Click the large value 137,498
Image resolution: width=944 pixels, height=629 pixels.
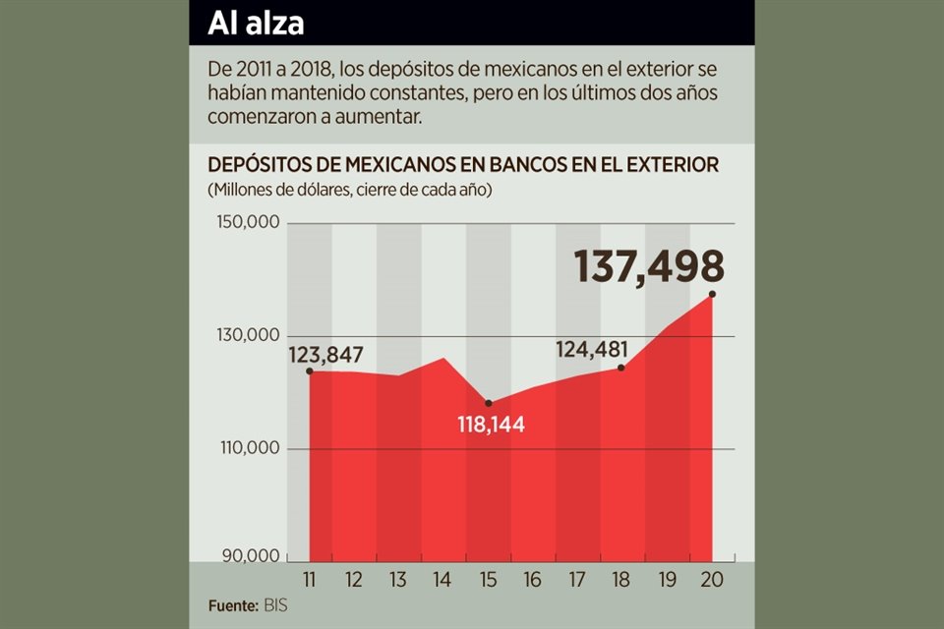(x=649, y=267)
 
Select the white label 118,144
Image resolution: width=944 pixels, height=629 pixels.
(x=491, y=425)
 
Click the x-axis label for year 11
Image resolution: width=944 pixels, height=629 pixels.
(x=309, y=579)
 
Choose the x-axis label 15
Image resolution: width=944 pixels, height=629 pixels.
(x=488, y=579)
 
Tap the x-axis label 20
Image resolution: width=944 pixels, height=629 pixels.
(x=711, y=579)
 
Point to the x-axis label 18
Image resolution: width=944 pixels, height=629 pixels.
(x=621, y=579)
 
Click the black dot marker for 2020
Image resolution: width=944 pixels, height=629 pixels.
(x=711, y=294)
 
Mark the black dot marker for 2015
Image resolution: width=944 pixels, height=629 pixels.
(x=488, y=403)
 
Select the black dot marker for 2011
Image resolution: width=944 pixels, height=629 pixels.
(x=309, y=371)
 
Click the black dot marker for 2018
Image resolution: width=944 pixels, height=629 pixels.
(x=621, y=368)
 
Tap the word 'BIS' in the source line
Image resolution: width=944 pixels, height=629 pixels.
(x=276, y=604)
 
